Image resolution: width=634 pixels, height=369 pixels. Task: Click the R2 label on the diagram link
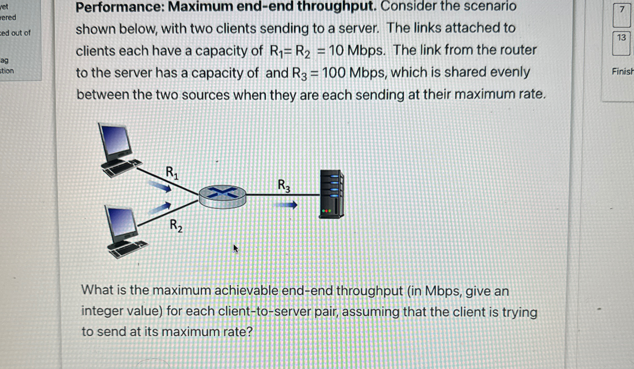point(176,226)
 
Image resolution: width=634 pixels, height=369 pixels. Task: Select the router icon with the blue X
point(222,197)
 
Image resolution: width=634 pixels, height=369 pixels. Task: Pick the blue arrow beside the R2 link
point(160,208)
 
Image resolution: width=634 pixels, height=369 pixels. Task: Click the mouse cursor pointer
point(235,248)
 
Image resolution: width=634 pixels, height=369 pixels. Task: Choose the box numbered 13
point(621,43)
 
